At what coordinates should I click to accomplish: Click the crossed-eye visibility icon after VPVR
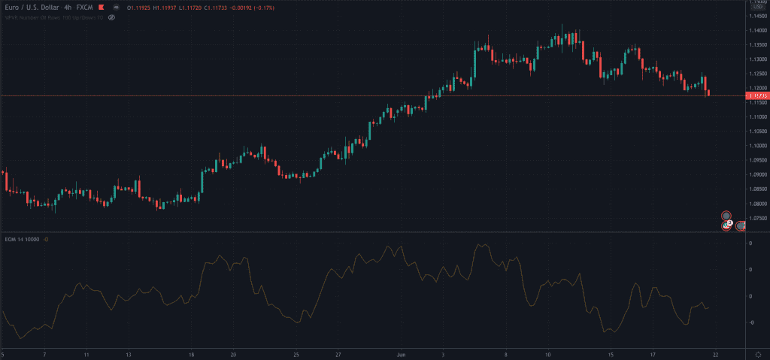(111, 16)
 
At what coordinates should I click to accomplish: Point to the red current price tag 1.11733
(756, 96)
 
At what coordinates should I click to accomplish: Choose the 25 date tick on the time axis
(296, 353)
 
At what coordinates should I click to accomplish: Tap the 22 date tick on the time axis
(717, 353)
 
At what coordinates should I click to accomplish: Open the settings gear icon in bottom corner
(757, 353)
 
